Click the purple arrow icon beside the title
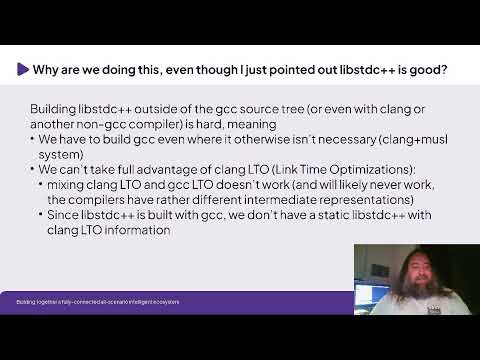point(23,70)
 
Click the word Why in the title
point(47,70)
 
